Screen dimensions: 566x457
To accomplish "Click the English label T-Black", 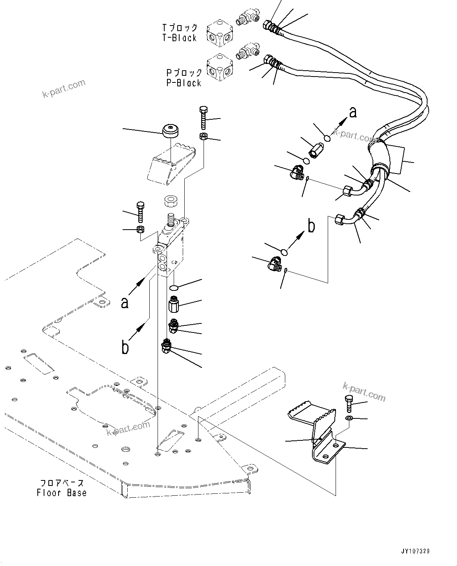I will (x=179, y=38).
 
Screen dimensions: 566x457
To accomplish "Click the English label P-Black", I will (x=184, y=83).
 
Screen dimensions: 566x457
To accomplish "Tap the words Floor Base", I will (x=62, y=493).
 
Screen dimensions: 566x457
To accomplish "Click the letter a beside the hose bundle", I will (x=353, y=112).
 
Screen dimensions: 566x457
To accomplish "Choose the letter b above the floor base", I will (x=125, y=347).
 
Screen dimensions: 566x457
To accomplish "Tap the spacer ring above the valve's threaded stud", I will (x=171, y=201).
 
